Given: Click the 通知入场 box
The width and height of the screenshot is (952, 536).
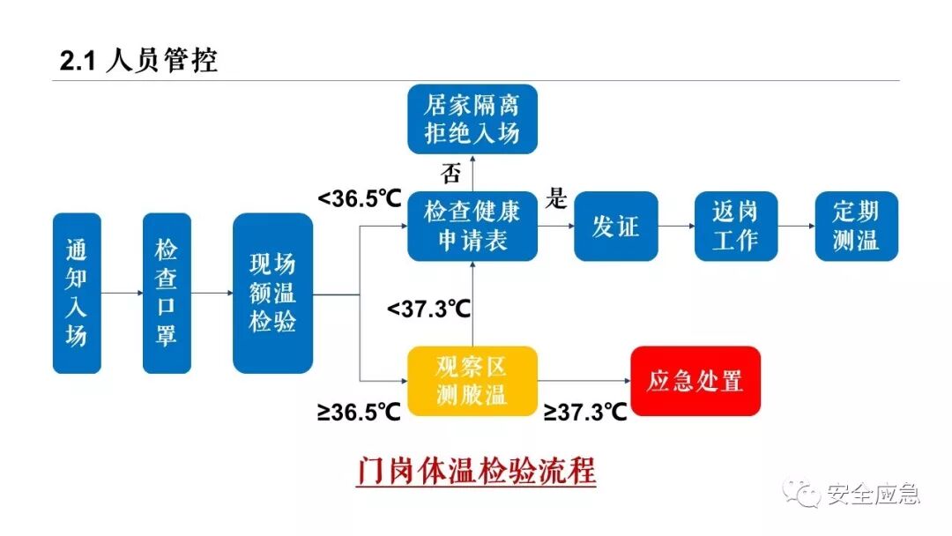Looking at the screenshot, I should pos(77,292).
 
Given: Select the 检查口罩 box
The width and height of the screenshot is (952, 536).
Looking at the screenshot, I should pos(167,292).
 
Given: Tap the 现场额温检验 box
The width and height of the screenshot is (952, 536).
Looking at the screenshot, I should pos(272,292).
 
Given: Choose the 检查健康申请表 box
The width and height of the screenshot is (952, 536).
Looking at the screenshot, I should pos(472,226).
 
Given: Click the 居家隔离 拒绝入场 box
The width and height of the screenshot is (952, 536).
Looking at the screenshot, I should pos(472,119).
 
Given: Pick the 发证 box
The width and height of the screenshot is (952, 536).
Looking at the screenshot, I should pos(615,226).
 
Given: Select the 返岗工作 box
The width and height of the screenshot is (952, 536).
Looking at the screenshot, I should pos(735,226).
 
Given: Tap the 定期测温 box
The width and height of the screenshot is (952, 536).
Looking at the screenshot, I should pos(856,226).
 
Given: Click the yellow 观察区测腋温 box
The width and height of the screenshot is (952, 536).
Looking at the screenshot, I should pos(472,381).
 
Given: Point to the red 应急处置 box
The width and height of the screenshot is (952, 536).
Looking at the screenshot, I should pos(695,381).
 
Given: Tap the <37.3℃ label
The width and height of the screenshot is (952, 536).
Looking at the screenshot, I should pos(428,309).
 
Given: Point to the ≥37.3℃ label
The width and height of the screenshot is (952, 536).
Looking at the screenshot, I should pos(585,412).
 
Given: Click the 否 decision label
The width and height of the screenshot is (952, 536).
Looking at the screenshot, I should pos(450,174).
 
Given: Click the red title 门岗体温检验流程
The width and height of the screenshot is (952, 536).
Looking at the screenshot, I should pos(477,471).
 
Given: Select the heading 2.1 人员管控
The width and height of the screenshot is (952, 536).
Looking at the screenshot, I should pos(138,61).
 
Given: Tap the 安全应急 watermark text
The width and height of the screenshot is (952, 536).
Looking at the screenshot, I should pos(873,495).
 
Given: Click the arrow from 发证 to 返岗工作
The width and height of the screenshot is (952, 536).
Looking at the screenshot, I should pos(676,227).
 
